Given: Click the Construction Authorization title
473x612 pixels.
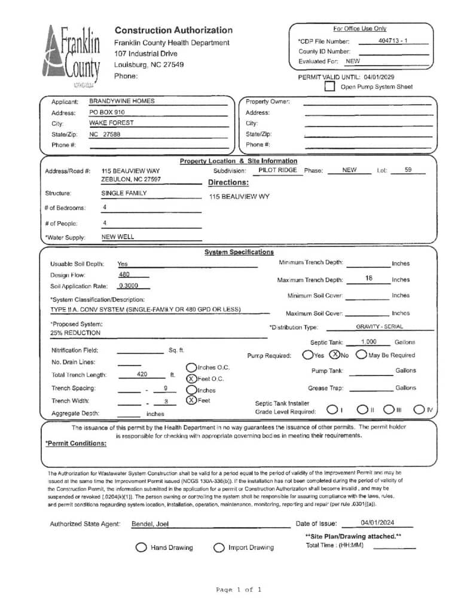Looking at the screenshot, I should pyautogui.click(x=173, y=30).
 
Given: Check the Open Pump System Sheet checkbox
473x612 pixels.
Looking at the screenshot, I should pyautogui.click(x=329, y=87).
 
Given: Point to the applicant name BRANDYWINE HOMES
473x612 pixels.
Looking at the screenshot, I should pyautogui.click(x=122, y=101).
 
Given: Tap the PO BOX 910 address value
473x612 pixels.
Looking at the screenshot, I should pyautogui.click(x=107, y=112).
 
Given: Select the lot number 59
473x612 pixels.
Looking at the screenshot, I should pyautogui.click(x=408, y=170).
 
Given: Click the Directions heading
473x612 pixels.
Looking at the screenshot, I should pyautogui.click(x=228, y=182).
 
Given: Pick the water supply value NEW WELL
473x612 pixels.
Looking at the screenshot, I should pyautogui.click(x=118, y=237).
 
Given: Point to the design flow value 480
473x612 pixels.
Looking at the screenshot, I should pyautogui.click(x=124, y=274).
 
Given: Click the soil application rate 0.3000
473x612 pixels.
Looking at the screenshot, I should pyautogui.click(x=128, y=285).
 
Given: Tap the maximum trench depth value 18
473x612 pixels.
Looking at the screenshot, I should pyautogui.click(x=368, y=279).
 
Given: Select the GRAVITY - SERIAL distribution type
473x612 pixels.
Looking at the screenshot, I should pyautogui.click(x=379, y=327).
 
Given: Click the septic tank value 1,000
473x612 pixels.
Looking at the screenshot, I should pyautogui.click(x=369, y=342).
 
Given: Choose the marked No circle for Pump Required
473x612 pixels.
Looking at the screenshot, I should pyautogui.click(x=335, y=354).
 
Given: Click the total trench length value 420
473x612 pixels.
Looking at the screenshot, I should pyautogui.click(x=142, y=375).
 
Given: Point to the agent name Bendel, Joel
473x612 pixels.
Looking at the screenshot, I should pyautogui.click(x=150, y=524).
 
